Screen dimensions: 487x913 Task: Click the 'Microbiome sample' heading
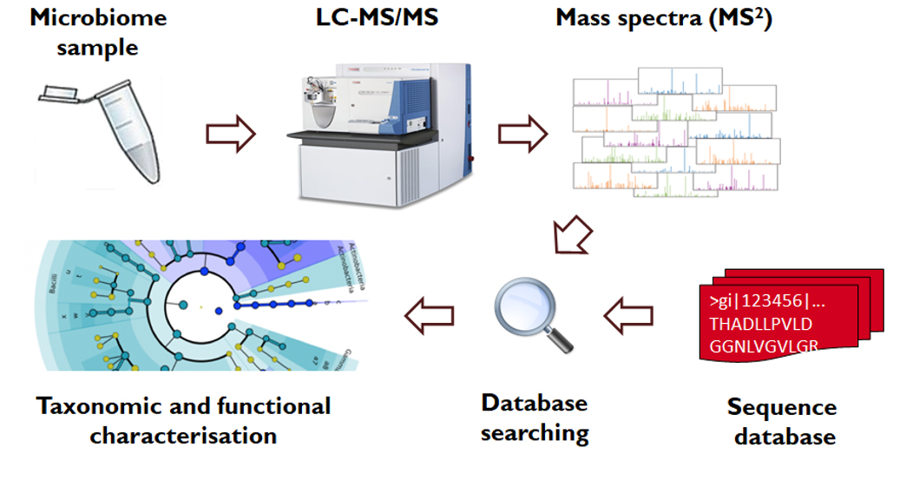coord(98,31)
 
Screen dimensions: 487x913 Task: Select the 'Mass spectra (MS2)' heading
coord(664,18)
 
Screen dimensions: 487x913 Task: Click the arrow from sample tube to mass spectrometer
coord(231,134)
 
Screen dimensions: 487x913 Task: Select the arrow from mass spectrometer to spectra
coord(522,134)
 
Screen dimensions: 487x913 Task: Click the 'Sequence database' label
coord(782,420)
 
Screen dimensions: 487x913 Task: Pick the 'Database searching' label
coord(534,417)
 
